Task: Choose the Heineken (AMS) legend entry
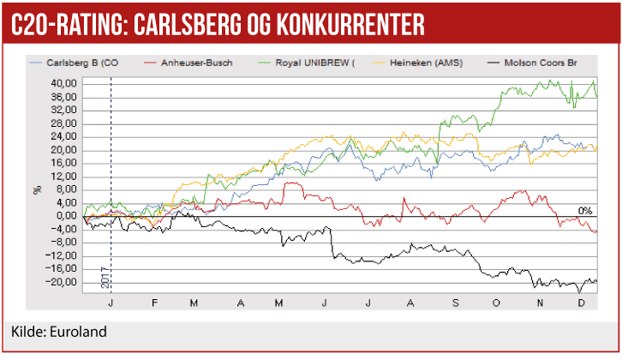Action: (422, 63)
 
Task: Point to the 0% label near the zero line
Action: (584, 210)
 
